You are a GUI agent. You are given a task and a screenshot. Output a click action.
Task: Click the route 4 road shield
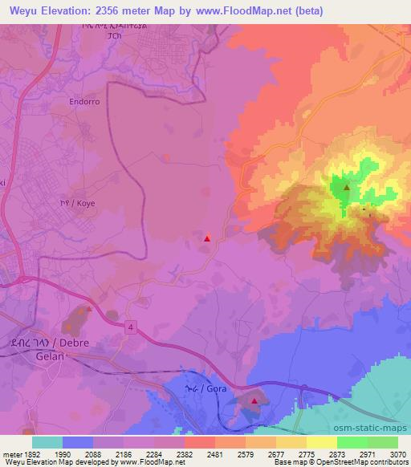click(129, 325)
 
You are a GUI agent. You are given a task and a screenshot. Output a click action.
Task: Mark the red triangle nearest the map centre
click(207, 238)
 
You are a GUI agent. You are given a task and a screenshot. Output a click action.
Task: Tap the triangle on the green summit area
click(346, 188)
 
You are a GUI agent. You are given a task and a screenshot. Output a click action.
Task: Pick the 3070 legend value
click(398, 453)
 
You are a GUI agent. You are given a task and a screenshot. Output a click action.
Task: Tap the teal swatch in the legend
click(47, 442)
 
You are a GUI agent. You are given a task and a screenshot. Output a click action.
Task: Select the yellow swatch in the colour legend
click(322, 442)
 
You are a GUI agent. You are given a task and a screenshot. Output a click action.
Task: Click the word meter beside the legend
click(10, 453)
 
